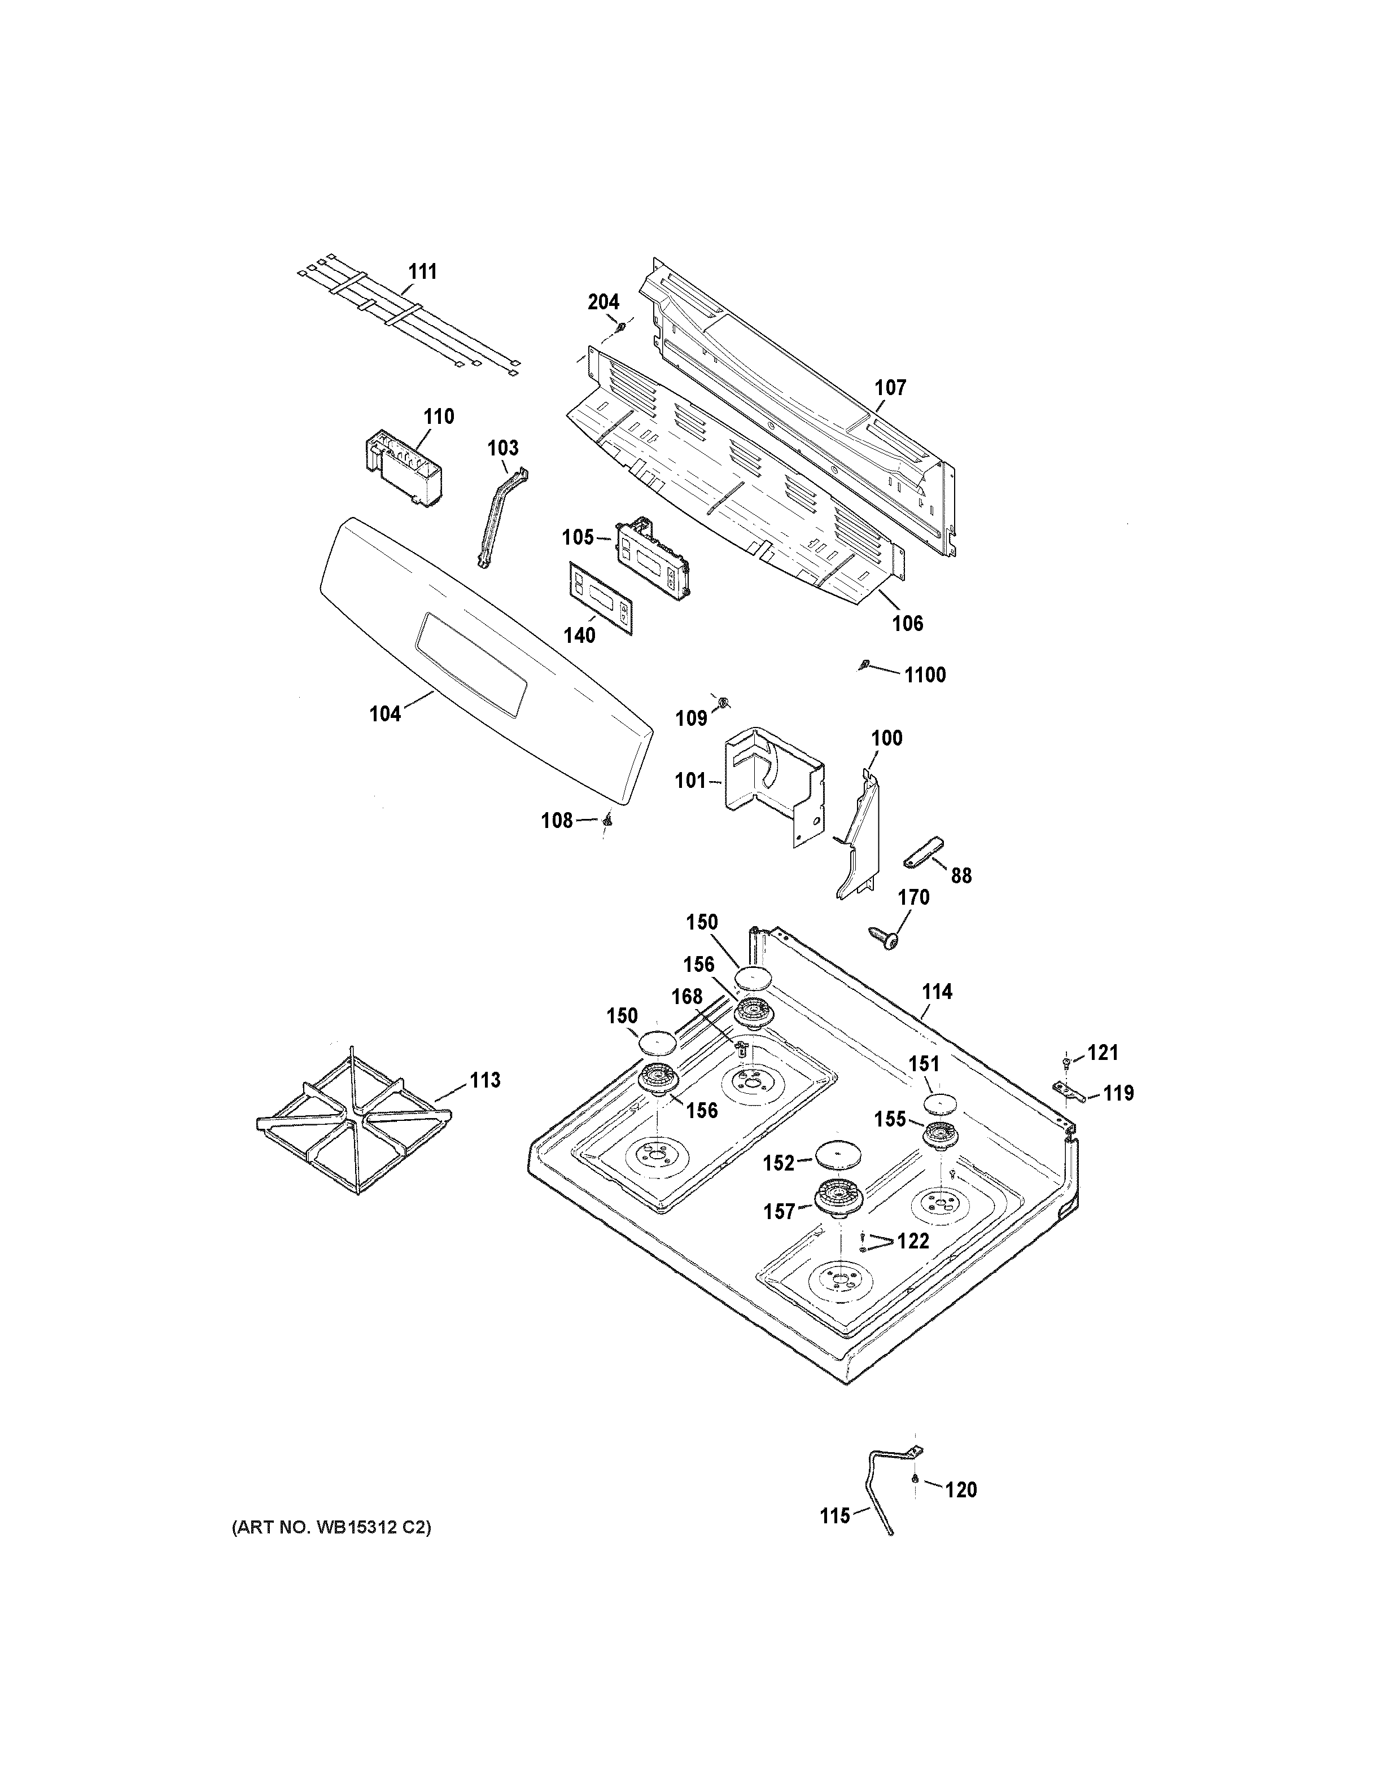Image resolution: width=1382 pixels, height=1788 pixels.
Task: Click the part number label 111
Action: (422, 271)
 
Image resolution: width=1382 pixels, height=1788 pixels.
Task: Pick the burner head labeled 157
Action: (840, 1198)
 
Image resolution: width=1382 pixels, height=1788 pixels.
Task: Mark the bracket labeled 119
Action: (1070, 1092)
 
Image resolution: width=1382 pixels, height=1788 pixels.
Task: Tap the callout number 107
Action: (891, 387)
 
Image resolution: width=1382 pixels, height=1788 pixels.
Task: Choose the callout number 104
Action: (385, 714)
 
